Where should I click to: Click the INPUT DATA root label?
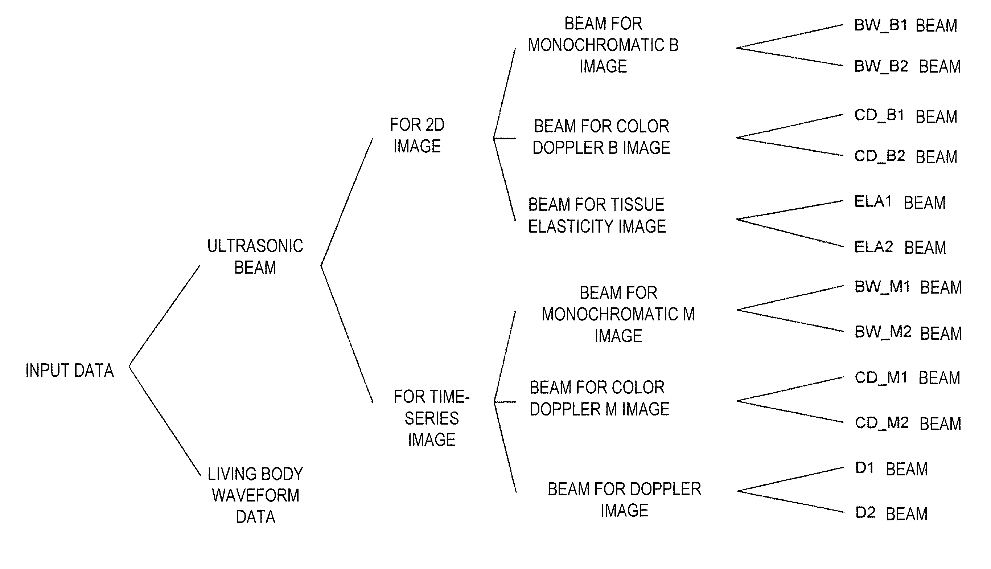coord(70,370)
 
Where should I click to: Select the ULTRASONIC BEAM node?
coord(255,257)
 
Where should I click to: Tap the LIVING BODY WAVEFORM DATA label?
coord(255,495)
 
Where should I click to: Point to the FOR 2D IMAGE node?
coord(417,136)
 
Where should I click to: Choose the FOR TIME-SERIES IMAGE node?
coord(432,418)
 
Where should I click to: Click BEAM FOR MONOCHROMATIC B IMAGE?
coord(604,45)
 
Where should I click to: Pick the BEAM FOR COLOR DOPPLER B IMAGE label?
coord(601,137)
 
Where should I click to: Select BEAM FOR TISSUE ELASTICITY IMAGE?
coord(597,215)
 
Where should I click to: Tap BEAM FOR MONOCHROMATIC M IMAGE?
coord(618,314)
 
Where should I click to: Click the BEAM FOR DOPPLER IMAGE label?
coord(625,500)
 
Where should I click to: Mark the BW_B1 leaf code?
coord(881,25)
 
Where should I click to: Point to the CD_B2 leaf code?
coord(880,156)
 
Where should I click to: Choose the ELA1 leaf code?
coord(873,202)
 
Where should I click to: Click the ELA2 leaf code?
coord(874,247)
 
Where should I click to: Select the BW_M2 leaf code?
coord(883,332)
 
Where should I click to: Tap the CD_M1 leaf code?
coord(881,378)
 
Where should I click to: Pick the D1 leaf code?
coord(864,468)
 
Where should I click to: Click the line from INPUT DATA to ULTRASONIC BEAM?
coord(164,316)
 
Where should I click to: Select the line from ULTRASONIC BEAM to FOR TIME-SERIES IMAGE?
coord(347,334)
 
